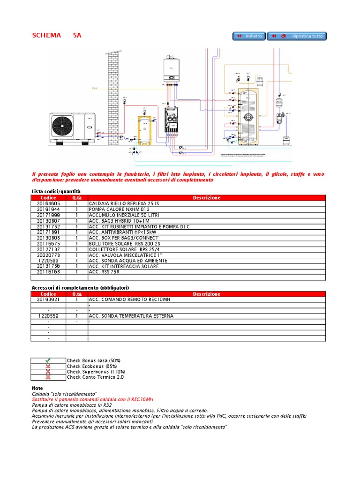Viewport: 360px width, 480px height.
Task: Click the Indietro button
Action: [x=249, y=36]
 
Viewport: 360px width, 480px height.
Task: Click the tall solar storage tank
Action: [x=251, y=117]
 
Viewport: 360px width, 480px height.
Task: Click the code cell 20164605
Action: [x=49, y=203]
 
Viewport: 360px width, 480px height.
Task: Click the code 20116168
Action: [x=49, y=272]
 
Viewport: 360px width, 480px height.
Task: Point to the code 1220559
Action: [x=49, y=316]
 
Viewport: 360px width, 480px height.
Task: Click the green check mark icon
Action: [x=48, y=360]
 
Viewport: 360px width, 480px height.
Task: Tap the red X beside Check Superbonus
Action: [x=48, y=372]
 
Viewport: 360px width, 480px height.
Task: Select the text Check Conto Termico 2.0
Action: [x=95, y=377]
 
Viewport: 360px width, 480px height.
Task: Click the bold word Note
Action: [x=37, y=388]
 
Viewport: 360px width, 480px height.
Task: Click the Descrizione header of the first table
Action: [x=206, y=198]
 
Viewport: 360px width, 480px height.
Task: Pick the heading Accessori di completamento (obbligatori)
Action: [x=80, y=287]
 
